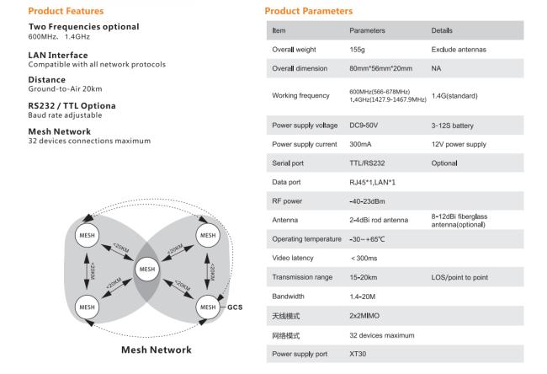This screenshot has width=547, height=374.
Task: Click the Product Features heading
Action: tap(66, 11)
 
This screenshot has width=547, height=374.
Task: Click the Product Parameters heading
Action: tap(309, 11)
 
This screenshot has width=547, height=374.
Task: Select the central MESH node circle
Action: tap(147, 270)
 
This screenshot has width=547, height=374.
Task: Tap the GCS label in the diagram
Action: tap(235, 307)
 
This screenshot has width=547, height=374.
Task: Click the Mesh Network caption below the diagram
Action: tap(157, 350)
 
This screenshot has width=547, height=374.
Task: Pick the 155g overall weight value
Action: tap(357, 50)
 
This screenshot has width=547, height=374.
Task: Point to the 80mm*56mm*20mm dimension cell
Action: tap(381, 68)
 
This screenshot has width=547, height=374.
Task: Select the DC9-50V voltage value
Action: tap(364, 126)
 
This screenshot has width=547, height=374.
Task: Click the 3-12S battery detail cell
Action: tap(453, 126)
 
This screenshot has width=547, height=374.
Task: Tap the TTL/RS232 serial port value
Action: tap(367, 163)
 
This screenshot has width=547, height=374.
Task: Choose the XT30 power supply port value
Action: tap(358, 354)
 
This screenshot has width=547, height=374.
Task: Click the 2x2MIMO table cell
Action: tap(364, 316)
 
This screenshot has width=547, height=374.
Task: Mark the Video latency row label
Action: tap(293, 258)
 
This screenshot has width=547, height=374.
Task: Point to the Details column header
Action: tap(442, 30)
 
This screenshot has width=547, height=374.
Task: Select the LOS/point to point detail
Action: tap(459, 277)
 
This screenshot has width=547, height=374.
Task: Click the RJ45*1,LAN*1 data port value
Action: tap(373, 182)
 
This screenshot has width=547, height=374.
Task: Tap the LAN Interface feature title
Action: tap(58, 56)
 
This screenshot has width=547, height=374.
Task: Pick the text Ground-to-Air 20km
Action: tap(66, 89)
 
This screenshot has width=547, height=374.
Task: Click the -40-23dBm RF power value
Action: tap(367, 201)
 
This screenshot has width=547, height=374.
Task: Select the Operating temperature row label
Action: tap(306, 239)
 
